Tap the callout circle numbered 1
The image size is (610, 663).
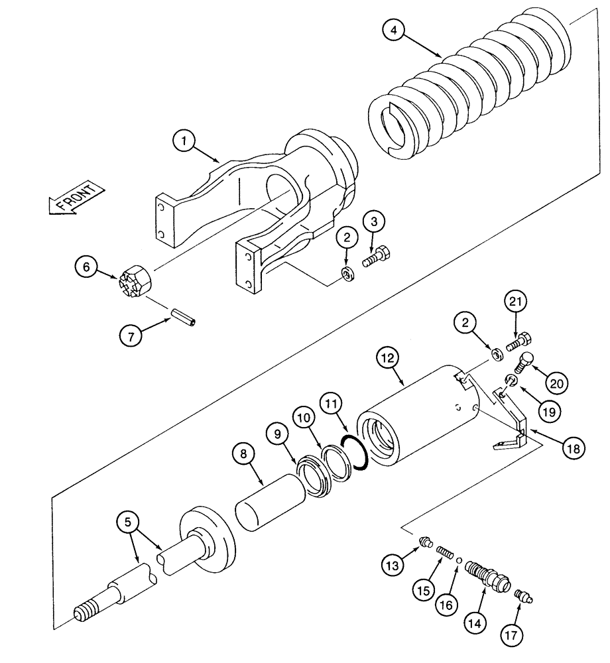click(184, 141)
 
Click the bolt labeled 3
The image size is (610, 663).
click(377, 256)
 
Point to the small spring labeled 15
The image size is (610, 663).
click(444, 551)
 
